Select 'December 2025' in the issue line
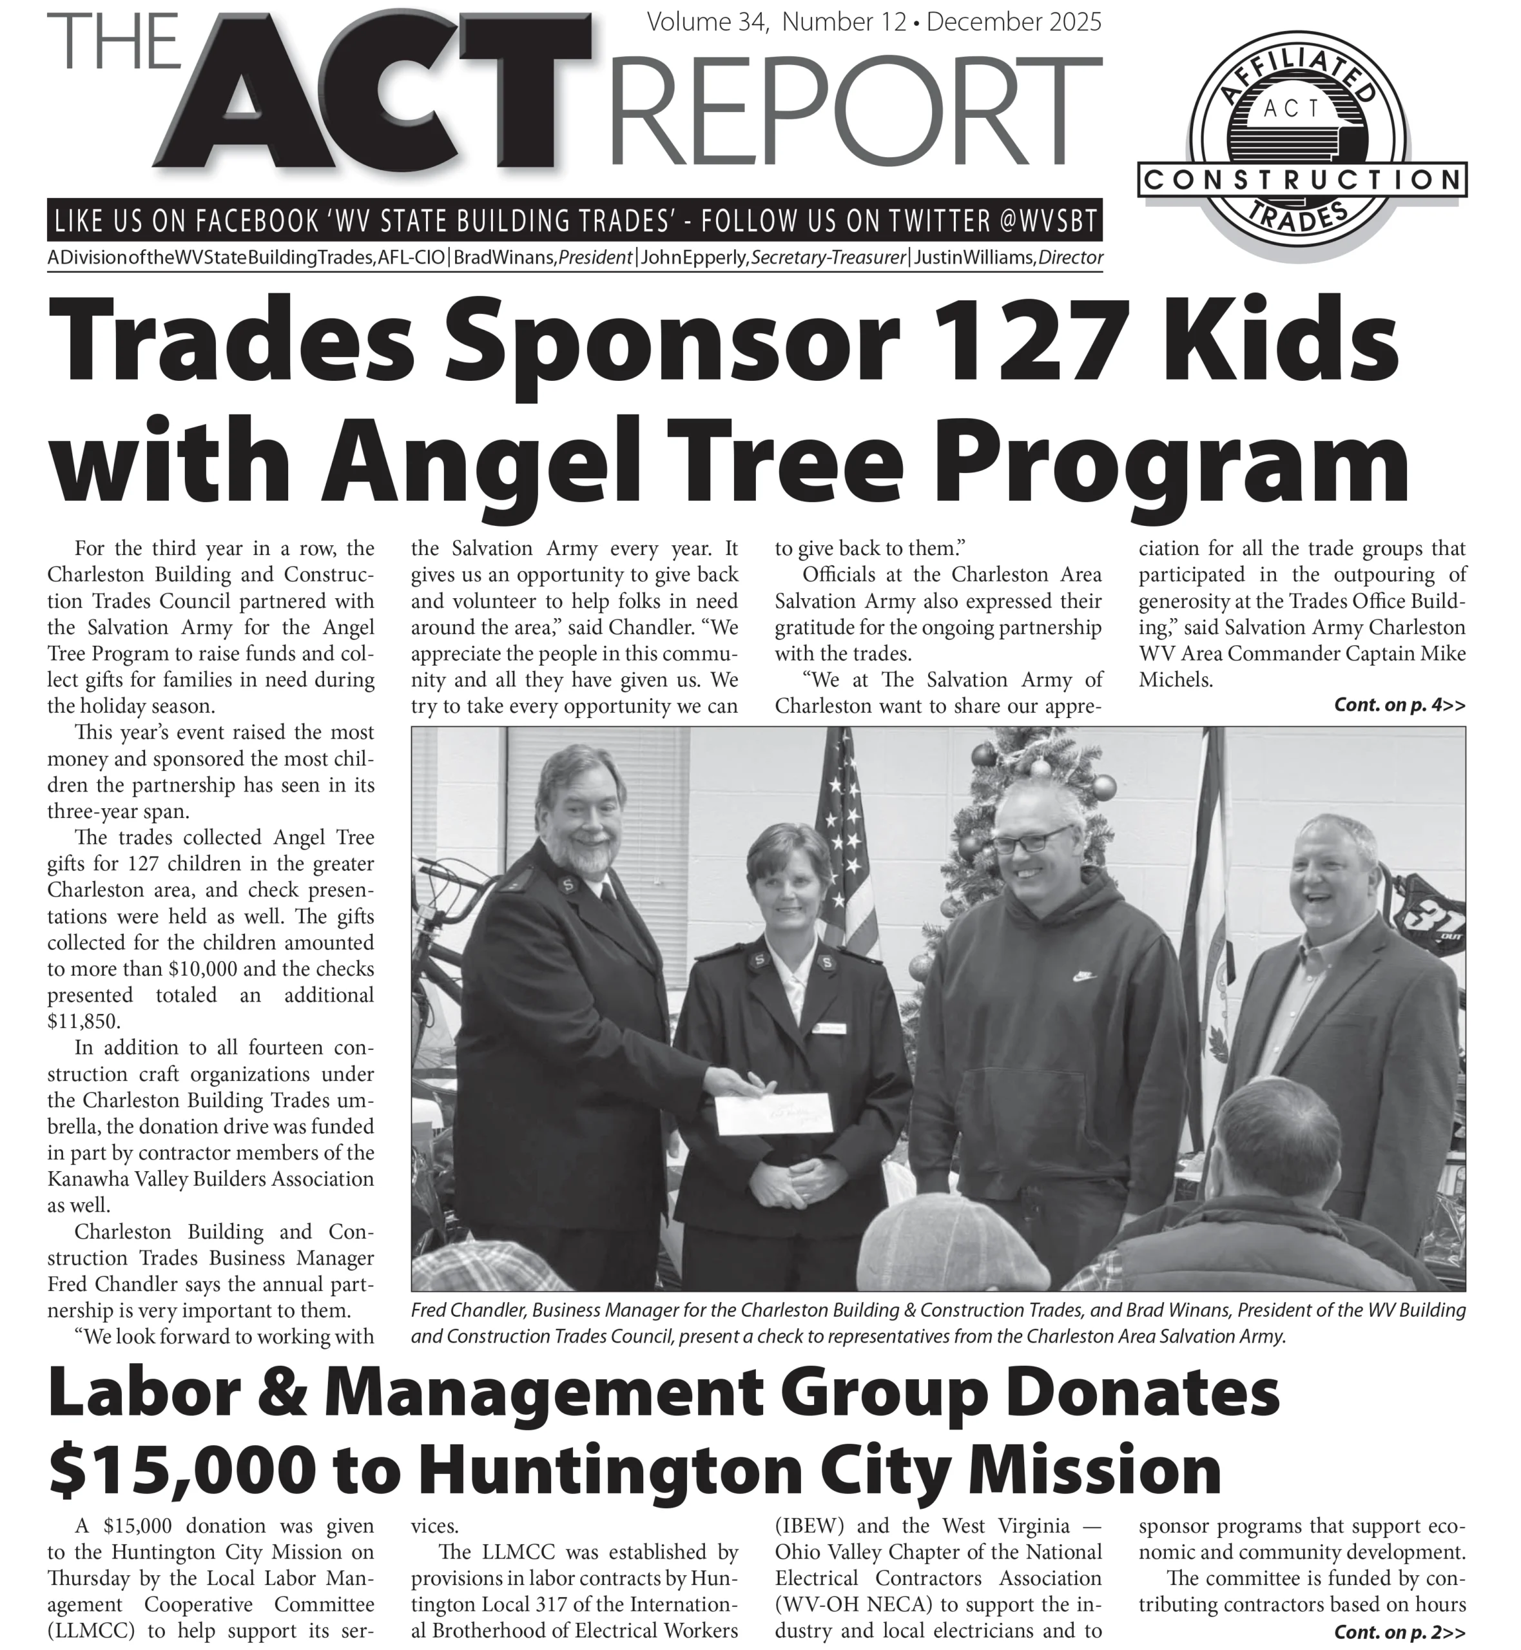(1013, 22)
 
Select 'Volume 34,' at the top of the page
(709, 22)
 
